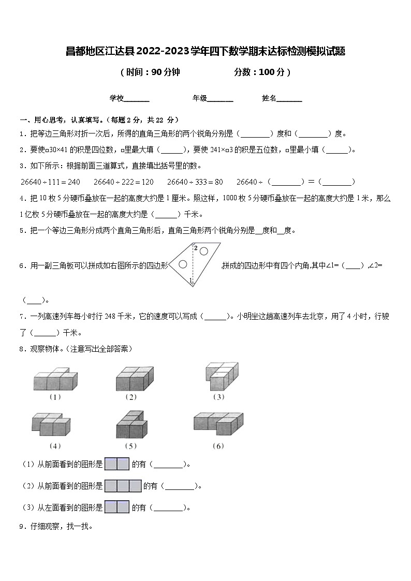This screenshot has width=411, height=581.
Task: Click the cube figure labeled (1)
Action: coord(54,379)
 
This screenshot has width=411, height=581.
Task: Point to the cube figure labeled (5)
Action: coord(132,425)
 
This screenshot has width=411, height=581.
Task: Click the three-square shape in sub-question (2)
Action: coord(123,486)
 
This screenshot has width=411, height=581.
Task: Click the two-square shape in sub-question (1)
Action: coord(116,465)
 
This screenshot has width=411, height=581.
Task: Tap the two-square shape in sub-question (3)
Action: coord(116,507)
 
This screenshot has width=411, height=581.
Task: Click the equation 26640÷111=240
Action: coord(50,182)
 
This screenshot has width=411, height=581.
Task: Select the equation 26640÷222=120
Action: coord(124,182)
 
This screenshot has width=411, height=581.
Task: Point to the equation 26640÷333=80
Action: coord(195,182)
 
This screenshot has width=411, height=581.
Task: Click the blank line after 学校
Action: coord(137,100)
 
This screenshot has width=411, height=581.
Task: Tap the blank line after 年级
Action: coord(221,100)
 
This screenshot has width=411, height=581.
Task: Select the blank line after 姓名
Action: coord(290,100)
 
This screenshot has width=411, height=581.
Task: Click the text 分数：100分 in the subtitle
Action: coord(261,72)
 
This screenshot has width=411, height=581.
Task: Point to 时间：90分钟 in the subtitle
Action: coord(150,72)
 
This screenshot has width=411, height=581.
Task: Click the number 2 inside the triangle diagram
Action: coord(196,248)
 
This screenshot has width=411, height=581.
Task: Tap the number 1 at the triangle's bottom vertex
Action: coord(190,280)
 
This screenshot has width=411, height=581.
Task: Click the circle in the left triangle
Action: coord(183,264)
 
